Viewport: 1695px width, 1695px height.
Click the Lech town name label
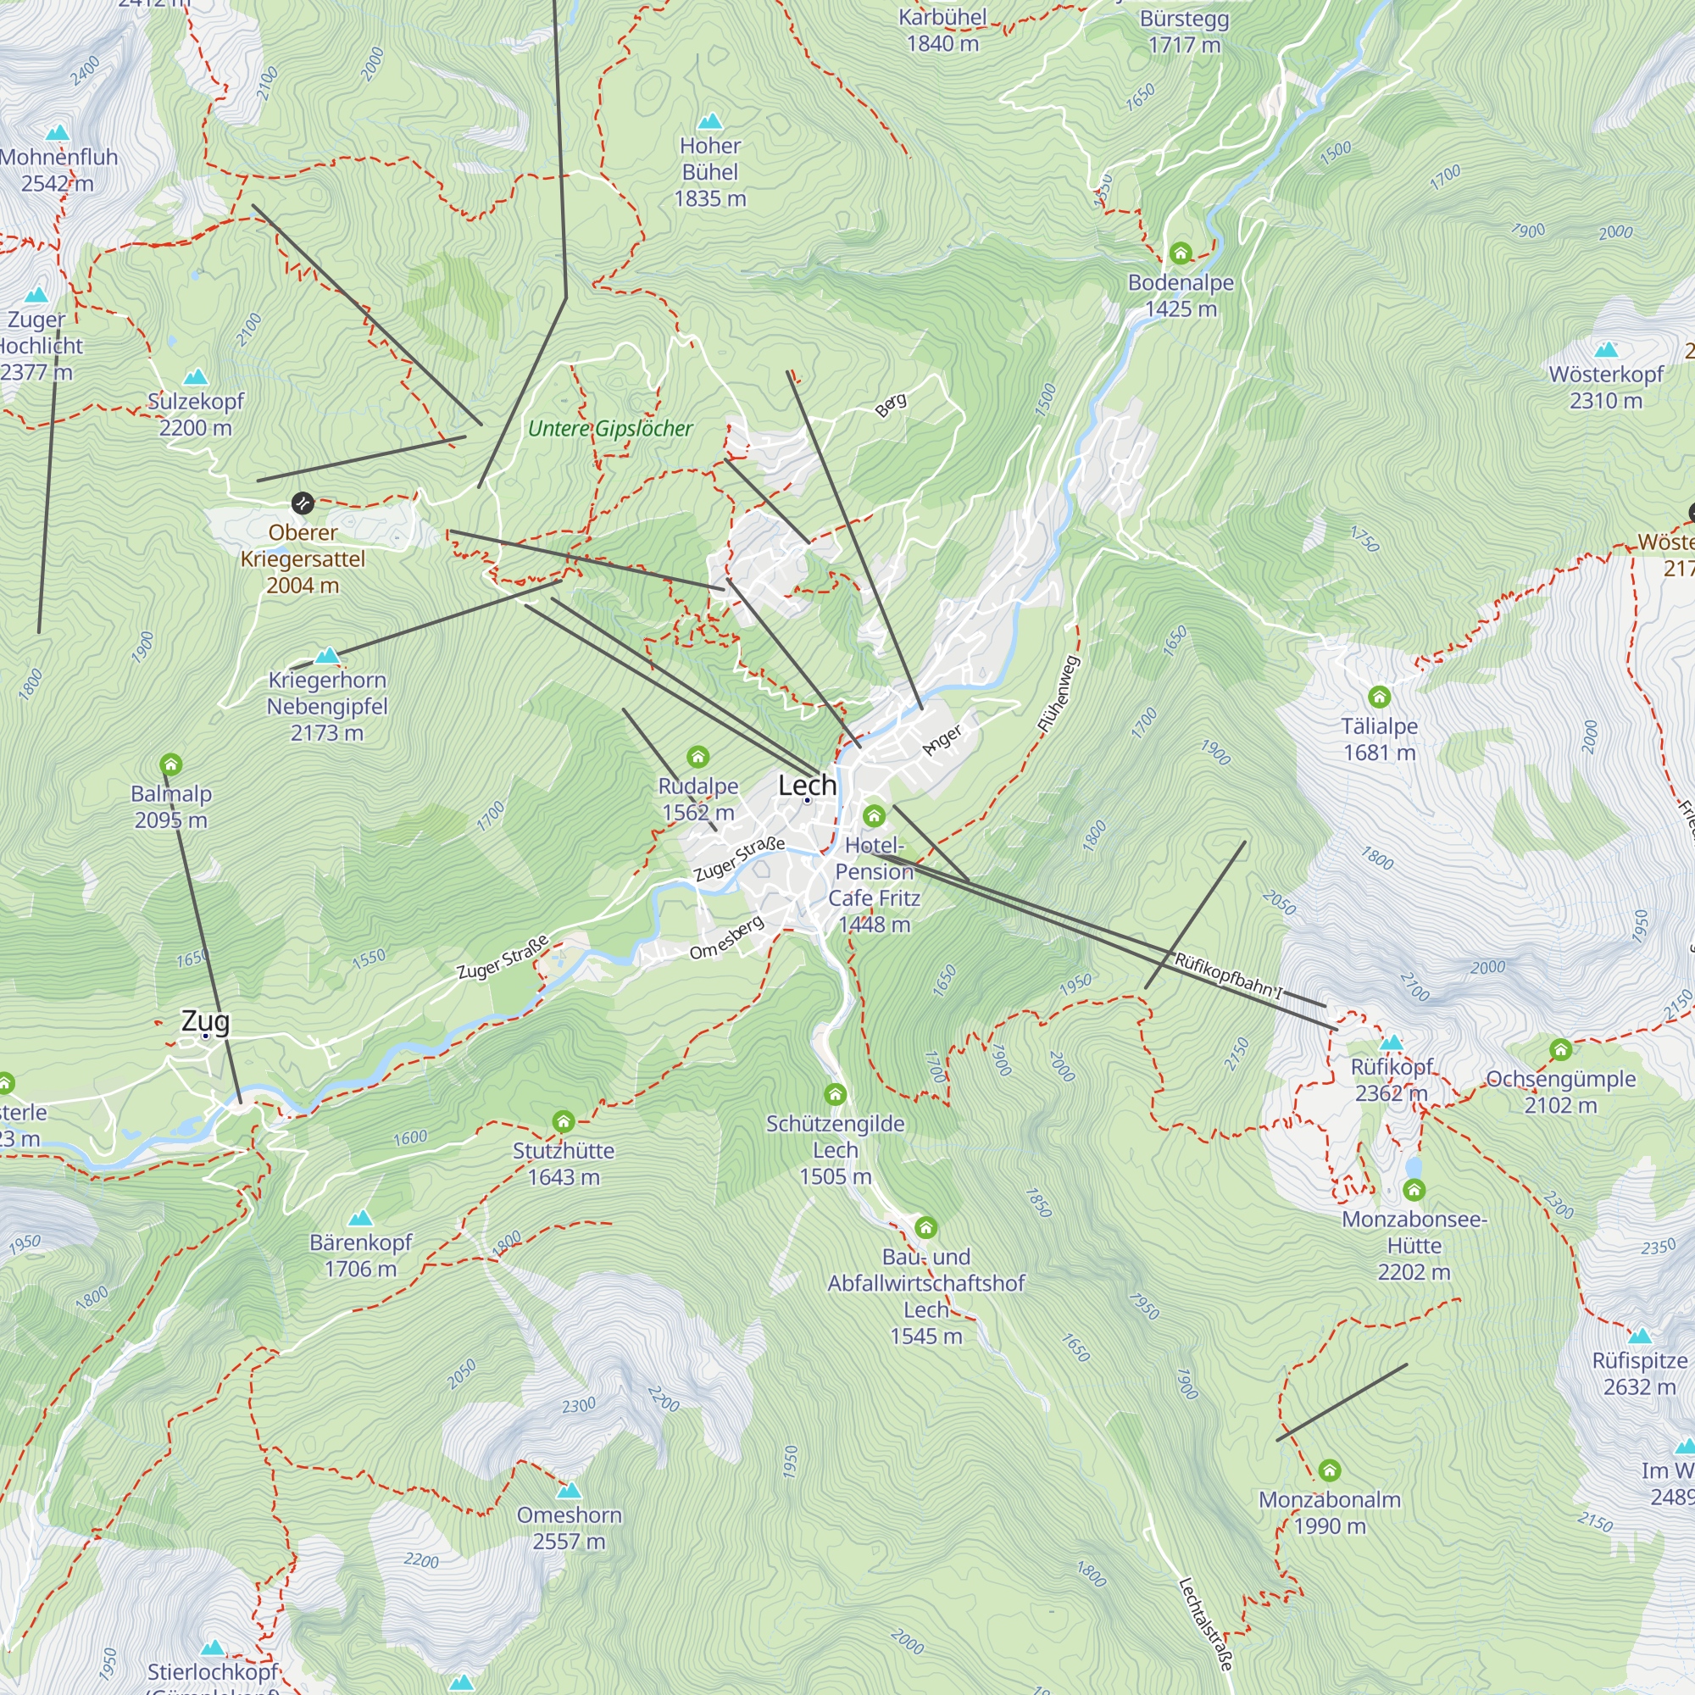[x=806, y=786]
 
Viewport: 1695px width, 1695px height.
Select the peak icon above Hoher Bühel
[x=709, y=121]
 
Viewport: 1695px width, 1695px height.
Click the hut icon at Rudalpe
[x=697, y=756]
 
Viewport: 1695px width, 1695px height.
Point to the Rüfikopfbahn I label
[x=1228, y=975]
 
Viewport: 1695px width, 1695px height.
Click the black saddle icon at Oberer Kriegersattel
[x=302, y=503]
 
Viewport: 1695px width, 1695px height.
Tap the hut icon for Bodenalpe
[x=1180, y=253]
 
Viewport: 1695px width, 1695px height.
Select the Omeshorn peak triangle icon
[x=570, y=1490]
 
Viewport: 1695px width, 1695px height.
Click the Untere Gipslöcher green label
[x=609, y=429]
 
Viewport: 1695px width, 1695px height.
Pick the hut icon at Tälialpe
[x=1379, y=697]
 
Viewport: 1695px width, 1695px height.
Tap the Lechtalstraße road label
[x=1205, y=1623]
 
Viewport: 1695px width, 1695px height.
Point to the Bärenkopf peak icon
[x=360, y=1218]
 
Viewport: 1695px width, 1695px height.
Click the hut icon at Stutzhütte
[x=564, y=1121]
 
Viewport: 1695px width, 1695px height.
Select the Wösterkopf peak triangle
[x=1605, y=350]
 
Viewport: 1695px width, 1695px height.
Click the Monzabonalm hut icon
[x=1329, y=1470]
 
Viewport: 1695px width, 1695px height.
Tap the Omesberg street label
[x=726, y=938]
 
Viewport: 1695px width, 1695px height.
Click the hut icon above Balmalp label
[x=171, y=764]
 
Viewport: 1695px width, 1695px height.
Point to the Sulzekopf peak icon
[x=196, y=377]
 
